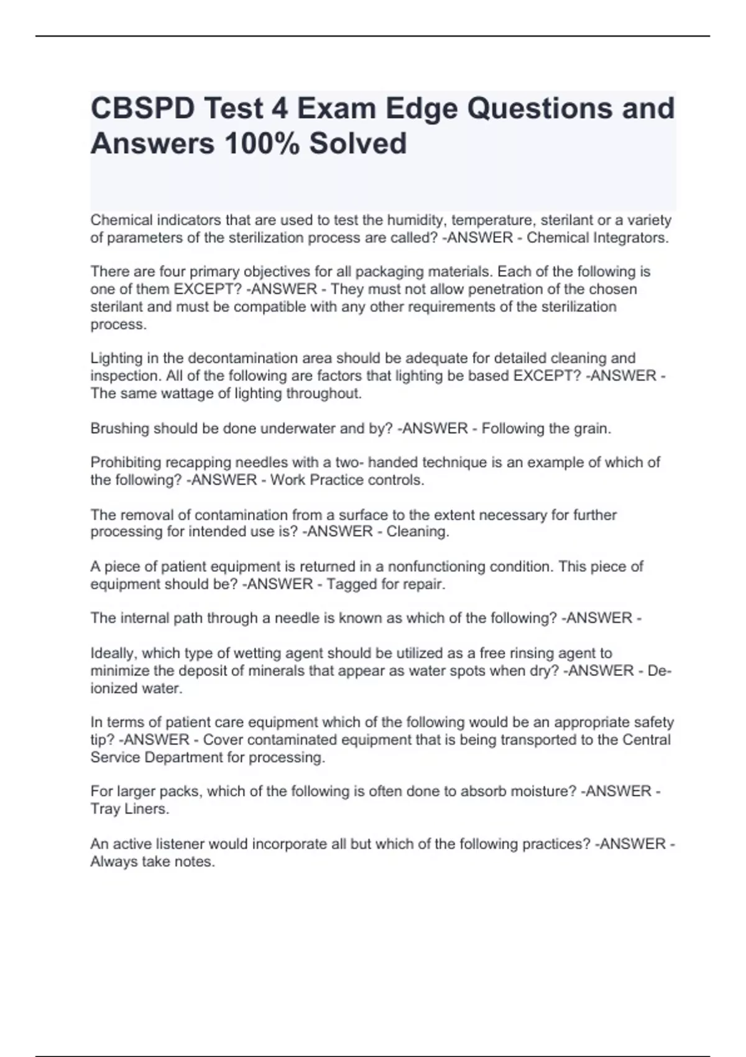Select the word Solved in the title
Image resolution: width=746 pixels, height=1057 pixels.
tap(358, 144)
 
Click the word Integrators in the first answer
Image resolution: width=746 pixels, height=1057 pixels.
tap(630, 238)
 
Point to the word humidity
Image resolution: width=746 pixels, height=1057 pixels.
tap(415, 220)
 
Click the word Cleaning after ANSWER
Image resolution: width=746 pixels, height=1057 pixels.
tap(417, 532)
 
